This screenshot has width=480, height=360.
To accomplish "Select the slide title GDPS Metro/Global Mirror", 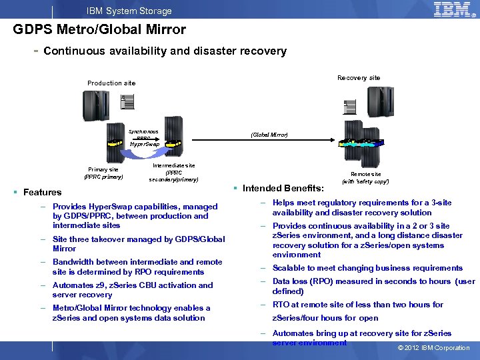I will [x=99, y=29].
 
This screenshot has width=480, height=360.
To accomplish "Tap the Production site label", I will [x=111, y=83].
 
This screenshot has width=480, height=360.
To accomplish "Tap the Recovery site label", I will [x=359, y=78].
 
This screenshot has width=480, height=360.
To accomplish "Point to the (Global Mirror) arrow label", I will [x=269, y=135].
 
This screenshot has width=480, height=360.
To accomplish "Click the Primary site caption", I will [x=103, y=173].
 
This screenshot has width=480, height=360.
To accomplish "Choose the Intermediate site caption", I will [x=174, y=172].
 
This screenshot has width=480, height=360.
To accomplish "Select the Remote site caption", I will [x=365, y=177].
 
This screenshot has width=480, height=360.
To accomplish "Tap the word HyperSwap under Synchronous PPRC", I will [x=145, y=144].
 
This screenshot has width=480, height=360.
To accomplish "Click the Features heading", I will [x=42, y=192].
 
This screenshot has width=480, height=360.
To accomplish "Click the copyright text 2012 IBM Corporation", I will [x=433, y=348].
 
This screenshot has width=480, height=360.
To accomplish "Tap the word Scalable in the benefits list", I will [x=288, y=268].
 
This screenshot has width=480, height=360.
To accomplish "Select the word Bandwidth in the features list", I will [x=73, y=262].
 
